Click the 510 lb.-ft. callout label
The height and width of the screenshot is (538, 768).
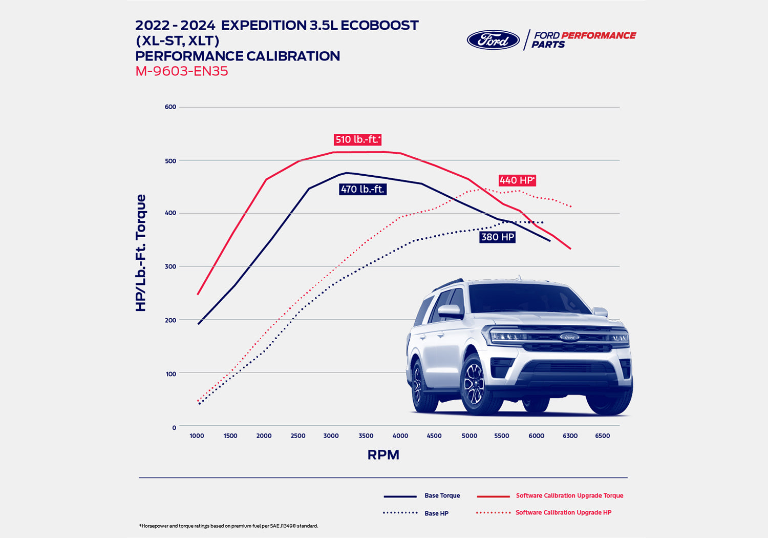(x=357, y=139)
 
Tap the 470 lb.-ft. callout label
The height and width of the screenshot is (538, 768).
(x=362, y=189)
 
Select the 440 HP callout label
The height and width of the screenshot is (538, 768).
(x=517, y=180)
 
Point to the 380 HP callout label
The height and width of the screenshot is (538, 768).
(x=497, y=237)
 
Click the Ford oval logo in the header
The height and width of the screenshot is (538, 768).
(x=493, y=40)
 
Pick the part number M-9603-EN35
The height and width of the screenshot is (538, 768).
(x=181, y=71)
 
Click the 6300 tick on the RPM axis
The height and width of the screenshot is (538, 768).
(x=570, y=436)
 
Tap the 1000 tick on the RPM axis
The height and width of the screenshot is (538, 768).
(x=197, y=436)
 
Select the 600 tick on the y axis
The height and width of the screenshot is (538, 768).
(x=170, y=107)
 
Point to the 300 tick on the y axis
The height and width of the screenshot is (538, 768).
(x=170, y=266)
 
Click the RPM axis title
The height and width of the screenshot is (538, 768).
(x=383, y=455)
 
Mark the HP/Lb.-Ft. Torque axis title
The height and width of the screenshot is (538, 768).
(x=141, y=253)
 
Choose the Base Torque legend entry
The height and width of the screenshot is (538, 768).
(x=442, y=495)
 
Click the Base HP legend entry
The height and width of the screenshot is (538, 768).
(x=436, y=513)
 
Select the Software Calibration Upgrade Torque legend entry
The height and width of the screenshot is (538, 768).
(x=569, y=495)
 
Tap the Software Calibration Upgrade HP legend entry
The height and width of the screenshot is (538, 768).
(x=563, y=512)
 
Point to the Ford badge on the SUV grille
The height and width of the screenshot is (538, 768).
(x=569, y=337)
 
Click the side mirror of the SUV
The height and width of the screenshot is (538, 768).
(x=449, y=311)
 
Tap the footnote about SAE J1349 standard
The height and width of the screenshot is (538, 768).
(x=228, y=526)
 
